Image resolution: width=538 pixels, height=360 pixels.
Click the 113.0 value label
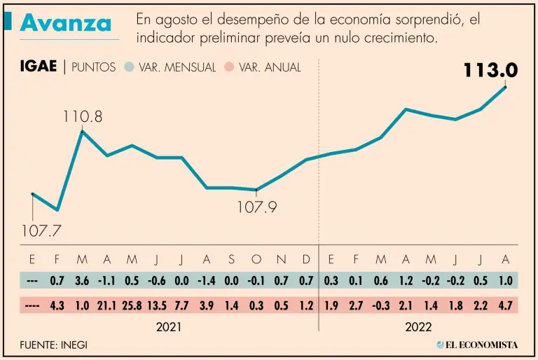point(490,70)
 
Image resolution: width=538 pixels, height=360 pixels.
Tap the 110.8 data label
point(82,117)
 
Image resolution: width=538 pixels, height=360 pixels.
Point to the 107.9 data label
point(257,207)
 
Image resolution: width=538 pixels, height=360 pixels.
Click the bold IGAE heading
point(39,67)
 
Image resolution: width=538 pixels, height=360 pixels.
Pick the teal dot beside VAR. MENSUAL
point(128,67)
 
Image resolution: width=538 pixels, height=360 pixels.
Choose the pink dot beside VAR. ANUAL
point(228,67)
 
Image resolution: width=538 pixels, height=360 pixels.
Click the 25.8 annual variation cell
point(132,306)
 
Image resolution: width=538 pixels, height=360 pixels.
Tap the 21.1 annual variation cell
point(107,306)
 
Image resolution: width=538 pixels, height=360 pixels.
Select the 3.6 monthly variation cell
point(82,281)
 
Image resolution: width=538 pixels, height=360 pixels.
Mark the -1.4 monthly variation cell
point(206,281)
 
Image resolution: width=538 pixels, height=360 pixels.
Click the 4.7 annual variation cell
point(504,306)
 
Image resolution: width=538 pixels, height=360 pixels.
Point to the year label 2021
point(170,327)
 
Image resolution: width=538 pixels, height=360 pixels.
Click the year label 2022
point(418,327)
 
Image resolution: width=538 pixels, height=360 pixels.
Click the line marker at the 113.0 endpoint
point(505,87)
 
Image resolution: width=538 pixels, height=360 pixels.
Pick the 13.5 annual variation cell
point(156,306)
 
